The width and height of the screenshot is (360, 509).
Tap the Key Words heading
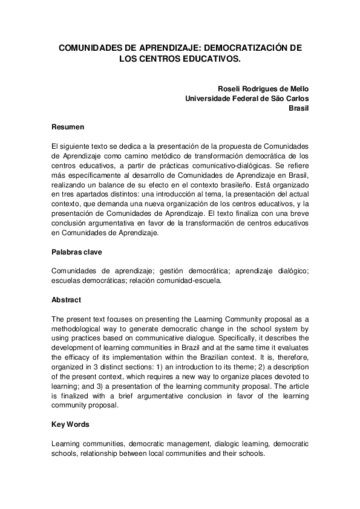[71, 425]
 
